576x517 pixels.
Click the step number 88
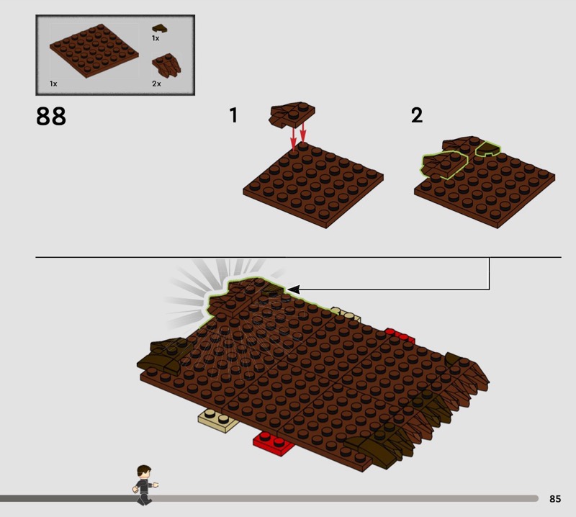click(51, 116)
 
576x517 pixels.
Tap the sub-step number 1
click(233, 115)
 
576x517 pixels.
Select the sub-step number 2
click(417, 115)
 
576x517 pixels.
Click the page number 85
click(555, 498)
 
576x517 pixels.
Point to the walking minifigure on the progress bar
click(145, 485)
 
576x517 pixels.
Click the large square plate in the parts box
click(94, 50)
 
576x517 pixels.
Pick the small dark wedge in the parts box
click(159, 28)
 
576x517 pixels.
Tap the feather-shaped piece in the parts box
click(166, 66)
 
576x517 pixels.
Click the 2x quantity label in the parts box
click(156, 84)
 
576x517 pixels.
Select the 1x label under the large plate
click(53, 84)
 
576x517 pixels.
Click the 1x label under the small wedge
click(156, 38)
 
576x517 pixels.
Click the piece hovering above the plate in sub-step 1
click(292, 114)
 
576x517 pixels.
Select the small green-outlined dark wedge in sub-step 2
click(488, 148)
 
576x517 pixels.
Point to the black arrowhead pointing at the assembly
click(294, 289)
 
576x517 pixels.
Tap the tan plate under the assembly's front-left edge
click(218, 421)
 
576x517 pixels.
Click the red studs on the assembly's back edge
click(400, 336)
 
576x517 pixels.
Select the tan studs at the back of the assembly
click(346, 315)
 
